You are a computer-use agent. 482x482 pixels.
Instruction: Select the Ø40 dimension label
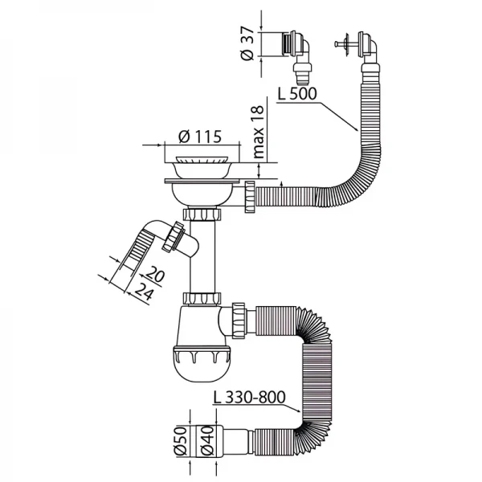click(207, 439)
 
